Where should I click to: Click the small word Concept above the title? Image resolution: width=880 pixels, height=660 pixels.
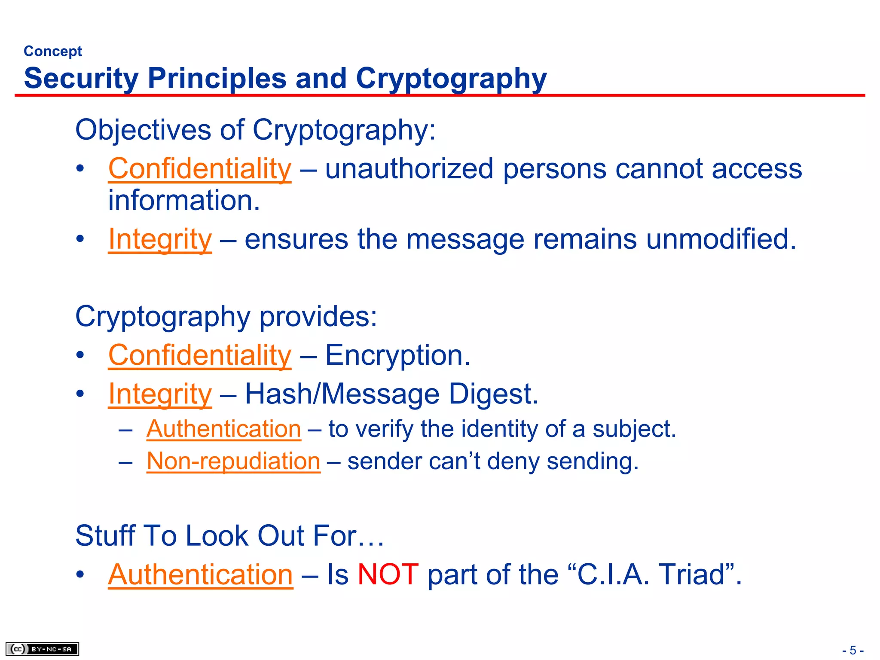coord(52,51)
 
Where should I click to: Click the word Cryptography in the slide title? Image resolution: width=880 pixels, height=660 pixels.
coord(451,79)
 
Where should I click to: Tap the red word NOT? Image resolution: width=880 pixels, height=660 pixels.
coord(388,574)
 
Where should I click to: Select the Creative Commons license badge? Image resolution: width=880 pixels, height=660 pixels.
coord(42,649)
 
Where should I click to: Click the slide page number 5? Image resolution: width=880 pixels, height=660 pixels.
coord(853,650)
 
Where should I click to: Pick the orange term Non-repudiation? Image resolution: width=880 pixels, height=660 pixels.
coord(233,461)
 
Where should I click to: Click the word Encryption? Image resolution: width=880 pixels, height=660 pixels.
coord(397,355)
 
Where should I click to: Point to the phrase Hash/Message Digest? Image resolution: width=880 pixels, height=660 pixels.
coord(391,394)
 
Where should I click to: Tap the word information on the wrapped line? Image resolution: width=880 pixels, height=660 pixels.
coord(184,201)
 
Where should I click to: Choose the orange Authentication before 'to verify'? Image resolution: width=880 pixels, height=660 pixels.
coord(223,429)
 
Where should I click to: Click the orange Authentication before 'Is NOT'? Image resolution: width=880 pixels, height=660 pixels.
coord(200,574)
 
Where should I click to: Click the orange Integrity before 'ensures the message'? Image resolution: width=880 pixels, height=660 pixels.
coord(160,239)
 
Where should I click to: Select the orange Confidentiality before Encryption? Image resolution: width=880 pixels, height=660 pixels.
coord(200,355)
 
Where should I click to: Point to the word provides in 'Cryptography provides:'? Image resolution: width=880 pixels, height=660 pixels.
coord(318,317)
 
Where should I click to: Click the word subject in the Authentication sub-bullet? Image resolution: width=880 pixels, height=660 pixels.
coord(634,429)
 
